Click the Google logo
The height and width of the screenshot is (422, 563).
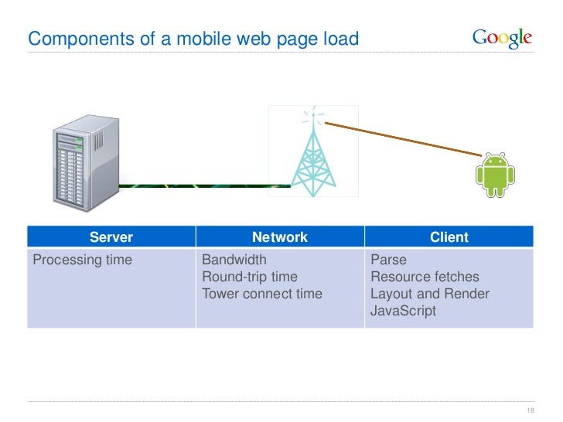[x=502, y=38]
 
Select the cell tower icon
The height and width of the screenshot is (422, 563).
[x=313, y=155]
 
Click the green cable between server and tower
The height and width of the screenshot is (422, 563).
[x=205, y=185]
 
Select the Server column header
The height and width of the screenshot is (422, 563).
[x=111, y=237]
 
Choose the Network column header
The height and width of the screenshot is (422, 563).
[x=280, y=237]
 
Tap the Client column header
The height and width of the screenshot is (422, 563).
[x=449, y=237]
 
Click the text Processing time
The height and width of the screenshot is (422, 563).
[x=82, y=260]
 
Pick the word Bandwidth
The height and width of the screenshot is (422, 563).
[x=234, y=260]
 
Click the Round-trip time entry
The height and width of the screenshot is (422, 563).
[x=249, y=277]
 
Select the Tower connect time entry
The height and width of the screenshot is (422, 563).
[x=261, y=294]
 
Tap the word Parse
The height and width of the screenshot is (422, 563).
[x=388, y=260]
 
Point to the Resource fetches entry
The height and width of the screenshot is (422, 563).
[x=425, y=277]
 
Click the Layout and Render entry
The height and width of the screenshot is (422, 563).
[x=429, y=294]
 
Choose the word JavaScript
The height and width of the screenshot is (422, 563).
[x=403, y=311]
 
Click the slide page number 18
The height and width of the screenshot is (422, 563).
[x=531, y=410]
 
